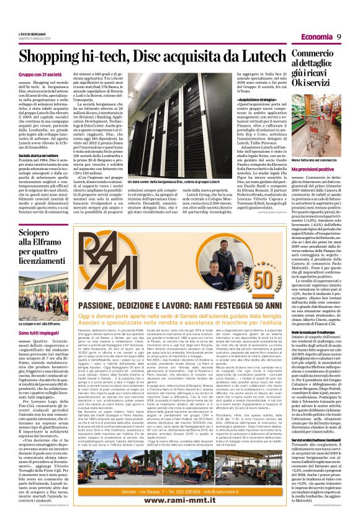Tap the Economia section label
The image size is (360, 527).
point(317,37)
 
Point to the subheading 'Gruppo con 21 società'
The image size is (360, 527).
point(40,75)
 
